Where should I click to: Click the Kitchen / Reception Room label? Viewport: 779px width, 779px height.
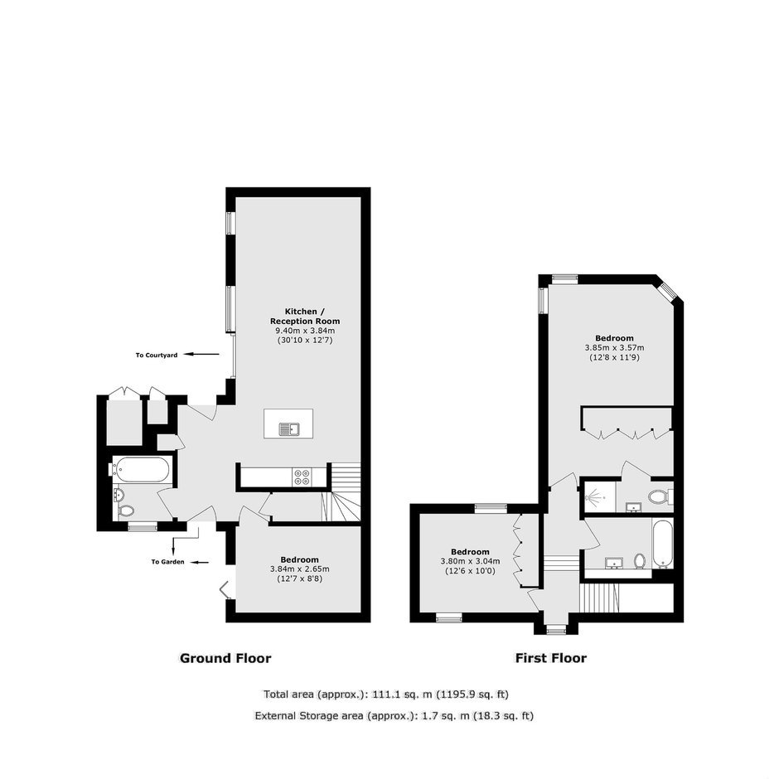click(305, 316)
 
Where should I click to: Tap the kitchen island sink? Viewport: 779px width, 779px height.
click(289, 428)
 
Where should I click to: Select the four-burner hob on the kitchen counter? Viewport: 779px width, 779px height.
click(302, 477)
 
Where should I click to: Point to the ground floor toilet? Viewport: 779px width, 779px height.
click(126, 510)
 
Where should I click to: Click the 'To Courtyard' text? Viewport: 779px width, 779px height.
click(157, 356)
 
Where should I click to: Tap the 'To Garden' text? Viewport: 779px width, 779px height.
click(168, 562)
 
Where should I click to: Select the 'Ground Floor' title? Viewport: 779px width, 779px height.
click(225, 658)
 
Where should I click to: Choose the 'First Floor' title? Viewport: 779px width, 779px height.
click(551, 658)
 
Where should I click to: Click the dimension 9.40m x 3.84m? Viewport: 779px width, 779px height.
click(305, 331)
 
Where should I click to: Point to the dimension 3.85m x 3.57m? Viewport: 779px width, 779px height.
click(615, 348)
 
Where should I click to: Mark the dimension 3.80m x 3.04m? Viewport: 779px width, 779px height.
click(471, 561)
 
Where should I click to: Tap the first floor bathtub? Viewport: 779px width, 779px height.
click(663, 544)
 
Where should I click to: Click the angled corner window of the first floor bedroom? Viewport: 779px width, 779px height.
click(669, 292)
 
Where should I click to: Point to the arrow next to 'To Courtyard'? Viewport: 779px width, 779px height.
click(201, 355)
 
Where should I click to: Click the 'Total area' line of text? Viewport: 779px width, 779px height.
click(386, 694)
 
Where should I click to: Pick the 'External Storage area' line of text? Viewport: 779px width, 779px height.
click(394, 716)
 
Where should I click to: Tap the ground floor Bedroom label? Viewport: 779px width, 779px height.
click(299, 559)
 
